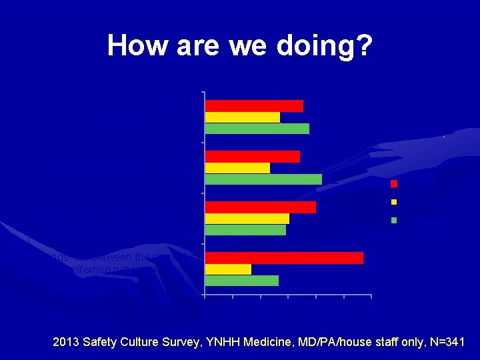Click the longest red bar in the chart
click(x=284, y=258)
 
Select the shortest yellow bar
click(x=228, y=269)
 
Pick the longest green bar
click(x=263, y=179)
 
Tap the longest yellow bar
click(x=247, y=219)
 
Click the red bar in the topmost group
click(x=254, y=106)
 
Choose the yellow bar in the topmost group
click(x=243, y=117)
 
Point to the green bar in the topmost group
click(x=257, y=129)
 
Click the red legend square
click(x=394, y=183)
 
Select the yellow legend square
click(x=394, y=201)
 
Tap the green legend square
click(x=394, y=219)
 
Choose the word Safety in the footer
click(x=104, y=343)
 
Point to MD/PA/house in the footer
click(x=358, y=343)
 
